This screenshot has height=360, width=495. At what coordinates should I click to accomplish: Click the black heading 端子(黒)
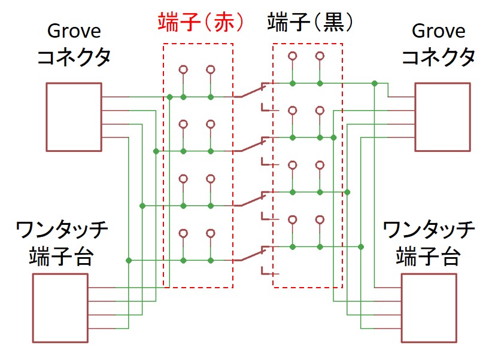309,23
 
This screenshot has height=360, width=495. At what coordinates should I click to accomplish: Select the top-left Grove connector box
74,117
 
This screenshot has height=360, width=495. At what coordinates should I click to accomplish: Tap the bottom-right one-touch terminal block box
429,308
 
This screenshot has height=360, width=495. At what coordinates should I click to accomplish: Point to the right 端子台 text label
429,257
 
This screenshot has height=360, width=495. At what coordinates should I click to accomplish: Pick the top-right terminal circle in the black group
320,56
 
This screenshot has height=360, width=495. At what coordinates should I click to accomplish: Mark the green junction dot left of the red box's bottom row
129,260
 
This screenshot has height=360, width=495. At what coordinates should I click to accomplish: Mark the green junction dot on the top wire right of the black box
374,83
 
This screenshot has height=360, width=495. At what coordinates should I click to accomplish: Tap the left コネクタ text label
74,57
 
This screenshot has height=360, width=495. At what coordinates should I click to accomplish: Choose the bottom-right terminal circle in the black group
320,219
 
